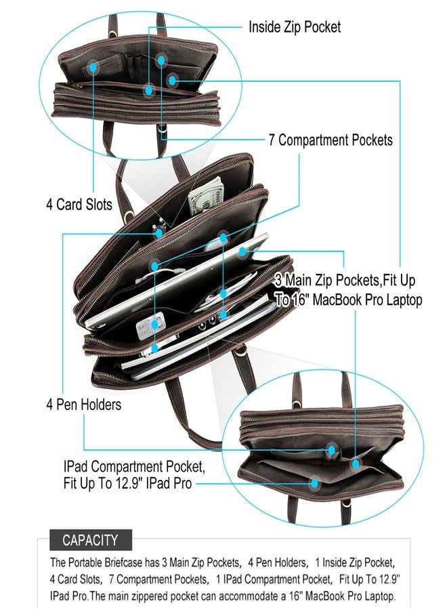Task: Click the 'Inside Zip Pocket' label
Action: (294, 27)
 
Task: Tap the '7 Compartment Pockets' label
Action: (331, 140)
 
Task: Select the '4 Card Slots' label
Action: (79, 205)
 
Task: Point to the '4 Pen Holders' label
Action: (83, 405)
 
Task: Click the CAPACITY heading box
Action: (91, 540)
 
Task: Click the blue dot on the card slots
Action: (93, 67)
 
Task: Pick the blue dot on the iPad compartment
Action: (314, 483)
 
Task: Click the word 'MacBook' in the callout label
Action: (339, 300)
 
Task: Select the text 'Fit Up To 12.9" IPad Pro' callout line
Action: (127, 483)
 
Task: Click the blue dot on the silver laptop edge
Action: (242, 251)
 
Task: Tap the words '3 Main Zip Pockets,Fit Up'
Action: (345, 281)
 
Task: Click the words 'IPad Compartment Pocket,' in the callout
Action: (133, 466)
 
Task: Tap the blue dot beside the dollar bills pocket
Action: (223, 237)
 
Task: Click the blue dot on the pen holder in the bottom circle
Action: (332, 450)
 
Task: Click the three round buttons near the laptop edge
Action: (207, 324)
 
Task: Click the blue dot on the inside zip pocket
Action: (149, 90)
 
